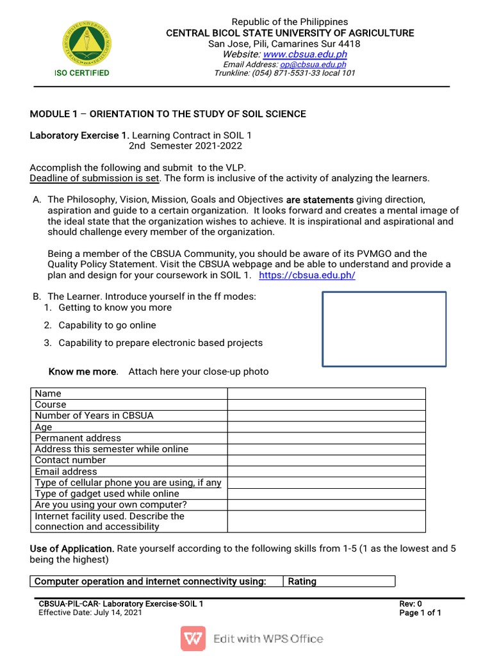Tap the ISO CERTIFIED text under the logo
(81, 73)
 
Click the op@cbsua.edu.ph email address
(313, 65)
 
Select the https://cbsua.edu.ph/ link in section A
(307, 275)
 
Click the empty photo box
(384, 329)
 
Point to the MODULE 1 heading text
(168, 114)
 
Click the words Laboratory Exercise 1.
(79, 136)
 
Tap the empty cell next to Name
(326, 393)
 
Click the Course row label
(51, 404)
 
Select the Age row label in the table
(44, 427)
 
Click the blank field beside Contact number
(326, 460)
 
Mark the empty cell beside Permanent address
(326, 438)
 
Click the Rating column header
(302, 582)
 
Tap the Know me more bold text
(83, 372)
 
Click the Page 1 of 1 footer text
(420, 613)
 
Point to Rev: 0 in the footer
(411, 604)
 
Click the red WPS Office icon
(193, 638)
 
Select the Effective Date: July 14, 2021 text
(90, 612)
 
